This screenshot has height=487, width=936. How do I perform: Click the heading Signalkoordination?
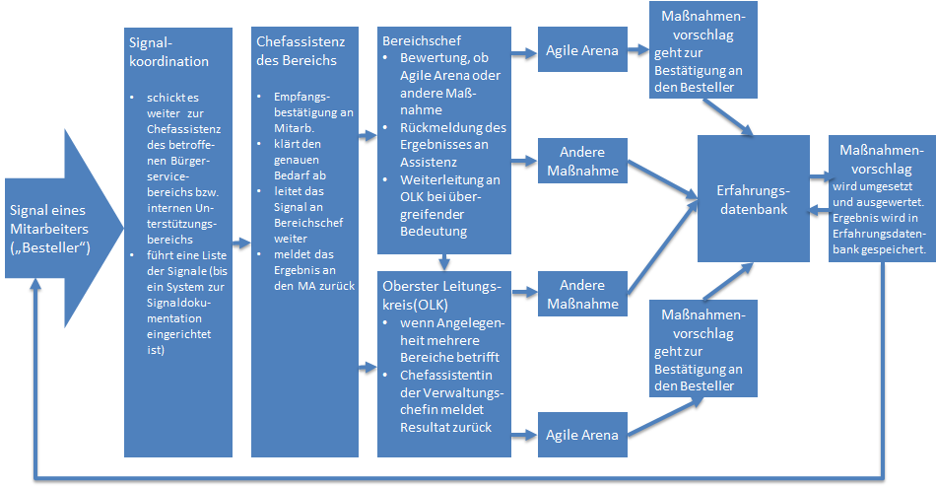pos(168,52)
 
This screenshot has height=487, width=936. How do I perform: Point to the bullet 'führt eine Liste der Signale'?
pos(181,287)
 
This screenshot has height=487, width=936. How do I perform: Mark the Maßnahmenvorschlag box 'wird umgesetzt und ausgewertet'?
pos(880,197)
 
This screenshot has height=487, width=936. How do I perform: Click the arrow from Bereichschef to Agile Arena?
pos(526,51)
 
